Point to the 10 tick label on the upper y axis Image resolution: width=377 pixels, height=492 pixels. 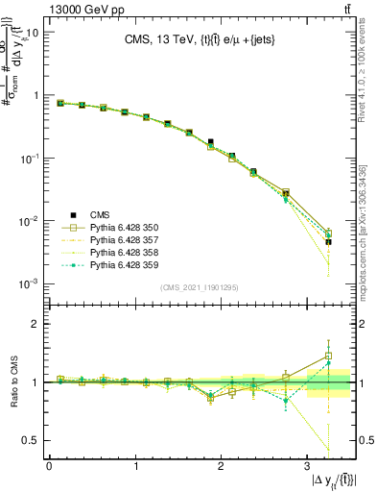pyautogui.click(x=31, y=33)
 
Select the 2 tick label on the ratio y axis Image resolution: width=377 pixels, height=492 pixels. pyautogui.click(x=35, y=325)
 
